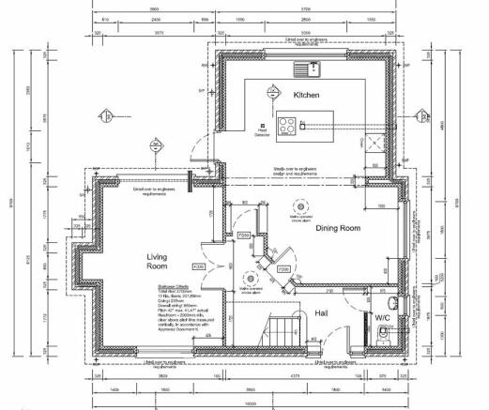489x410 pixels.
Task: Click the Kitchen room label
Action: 307,97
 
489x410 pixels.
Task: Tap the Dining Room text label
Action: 337,227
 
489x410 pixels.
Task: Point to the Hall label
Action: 321,312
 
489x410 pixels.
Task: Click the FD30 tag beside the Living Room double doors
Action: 199,268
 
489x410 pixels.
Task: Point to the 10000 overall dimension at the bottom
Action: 248,403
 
